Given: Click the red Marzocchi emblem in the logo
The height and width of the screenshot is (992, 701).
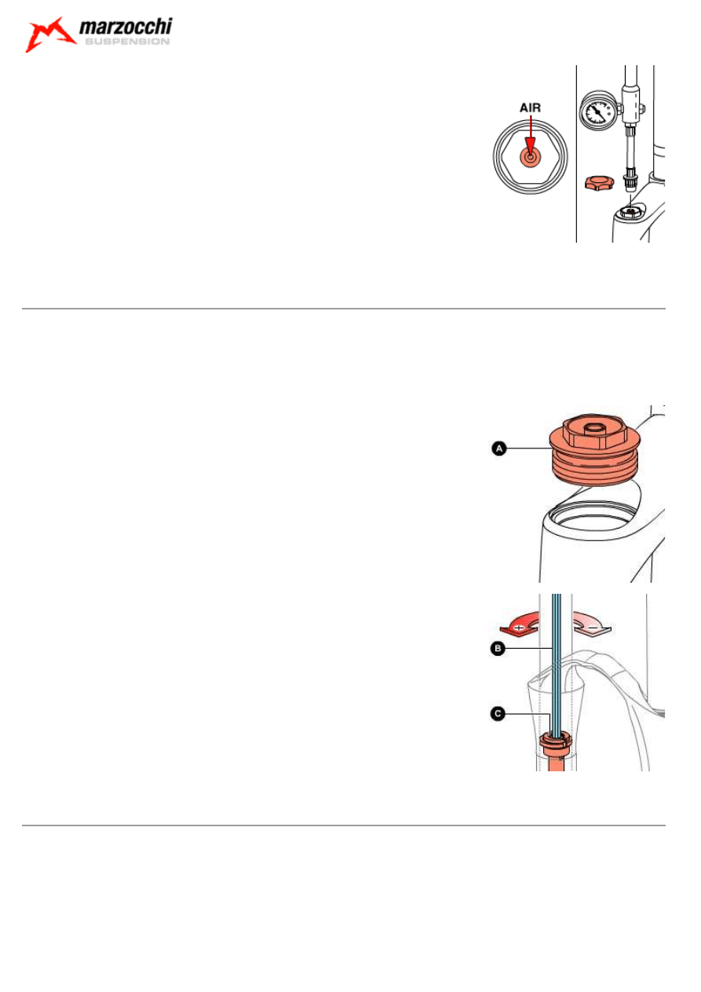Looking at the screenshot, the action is (x=49, y=35).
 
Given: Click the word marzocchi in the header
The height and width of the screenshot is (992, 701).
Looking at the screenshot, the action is (x=126, y=27).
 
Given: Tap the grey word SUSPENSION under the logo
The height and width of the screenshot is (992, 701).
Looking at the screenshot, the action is (x=127, y=42).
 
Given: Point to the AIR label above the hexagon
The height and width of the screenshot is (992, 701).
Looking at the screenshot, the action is (x=530, y=108).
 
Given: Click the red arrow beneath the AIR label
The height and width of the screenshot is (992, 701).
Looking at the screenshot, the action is (x=530, y=137).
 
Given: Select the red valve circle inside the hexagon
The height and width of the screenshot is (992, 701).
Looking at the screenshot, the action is (x=530, y=156).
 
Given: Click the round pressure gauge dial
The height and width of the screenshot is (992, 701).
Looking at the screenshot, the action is (x=598, y=111).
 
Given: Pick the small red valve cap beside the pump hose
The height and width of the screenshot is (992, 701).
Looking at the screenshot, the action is (x=600, y=182).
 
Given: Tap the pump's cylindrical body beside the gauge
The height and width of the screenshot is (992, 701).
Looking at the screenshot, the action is (x=631, y=105).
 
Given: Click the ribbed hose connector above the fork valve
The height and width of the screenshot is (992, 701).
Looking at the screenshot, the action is (x=631, y=180).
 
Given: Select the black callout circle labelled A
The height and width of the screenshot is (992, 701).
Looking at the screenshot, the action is (x=499, y=448).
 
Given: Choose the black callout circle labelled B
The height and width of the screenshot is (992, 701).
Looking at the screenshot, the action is (x=498, y=649).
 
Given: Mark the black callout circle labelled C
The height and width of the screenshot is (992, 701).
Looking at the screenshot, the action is (x=498, y=714).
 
